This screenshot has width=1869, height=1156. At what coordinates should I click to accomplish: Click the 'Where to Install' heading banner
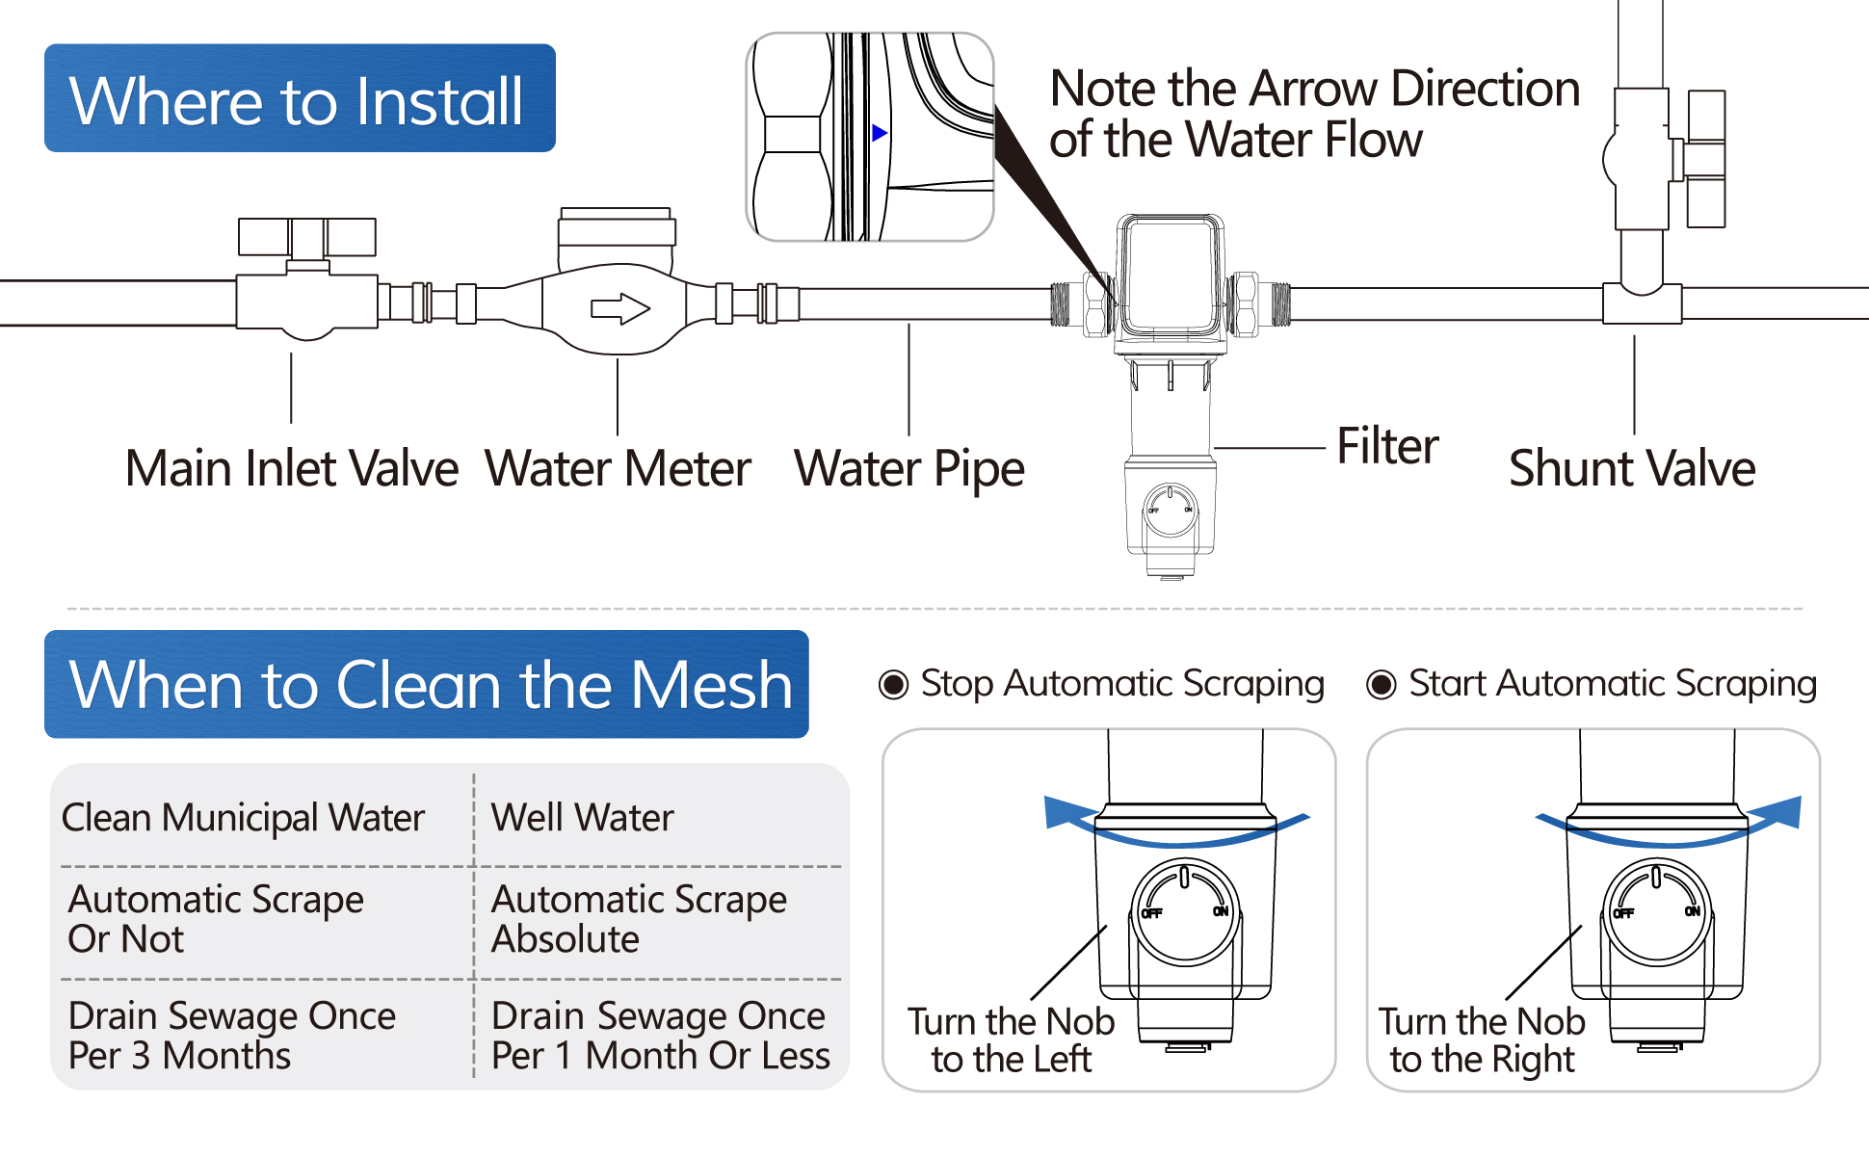(x=299, y=98)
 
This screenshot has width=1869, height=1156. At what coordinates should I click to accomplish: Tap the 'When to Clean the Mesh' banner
(x=427, y=684)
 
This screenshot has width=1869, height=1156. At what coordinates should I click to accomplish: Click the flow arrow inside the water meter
(x=619, y=309)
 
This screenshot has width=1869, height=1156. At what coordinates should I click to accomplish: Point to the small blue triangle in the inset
(x=879, y=133)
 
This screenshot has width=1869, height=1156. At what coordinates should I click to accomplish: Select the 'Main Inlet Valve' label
(x=291, y=469)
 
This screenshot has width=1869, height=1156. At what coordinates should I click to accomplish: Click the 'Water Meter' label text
(x=618, y=469)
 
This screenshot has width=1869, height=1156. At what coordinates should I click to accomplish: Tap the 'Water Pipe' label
(x=908, y=469)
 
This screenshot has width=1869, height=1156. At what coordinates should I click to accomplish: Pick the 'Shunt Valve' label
(x=1632, y=469)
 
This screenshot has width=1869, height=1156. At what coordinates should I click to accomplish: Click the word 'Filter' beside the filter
(x=1387, y=447)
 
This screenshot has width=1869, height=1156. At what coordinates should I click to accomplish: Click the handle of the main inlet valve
(x=306, y=237)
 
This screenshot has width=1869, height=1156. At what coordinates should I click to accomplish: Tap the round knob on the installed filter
(x=1171, y=510)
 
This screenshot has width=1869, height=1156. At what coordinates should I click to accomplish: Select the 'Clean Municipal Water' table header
(x=243, y=818)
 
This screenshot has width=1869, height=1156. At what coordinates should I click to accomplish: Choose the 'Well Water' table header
(x=582, y=818)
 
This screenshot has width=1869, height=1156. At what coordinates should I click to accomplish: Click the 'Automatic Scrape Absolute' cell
(x=639, y=919)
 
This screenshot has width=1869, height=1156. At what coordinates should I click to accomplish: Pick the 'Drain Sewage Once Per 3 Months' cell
(x=231, y=1036)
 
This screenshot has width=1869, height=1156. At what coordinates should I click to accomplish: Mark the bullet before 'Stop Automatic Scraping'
(x=893, y=685)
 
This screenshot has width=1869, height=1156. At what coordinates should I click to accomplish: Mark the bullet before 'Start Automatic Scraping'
(x=1382, y=685)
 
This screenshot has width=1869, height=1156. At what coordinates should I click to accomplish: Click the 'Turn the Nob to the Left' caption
(x=1011, y=1040)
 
